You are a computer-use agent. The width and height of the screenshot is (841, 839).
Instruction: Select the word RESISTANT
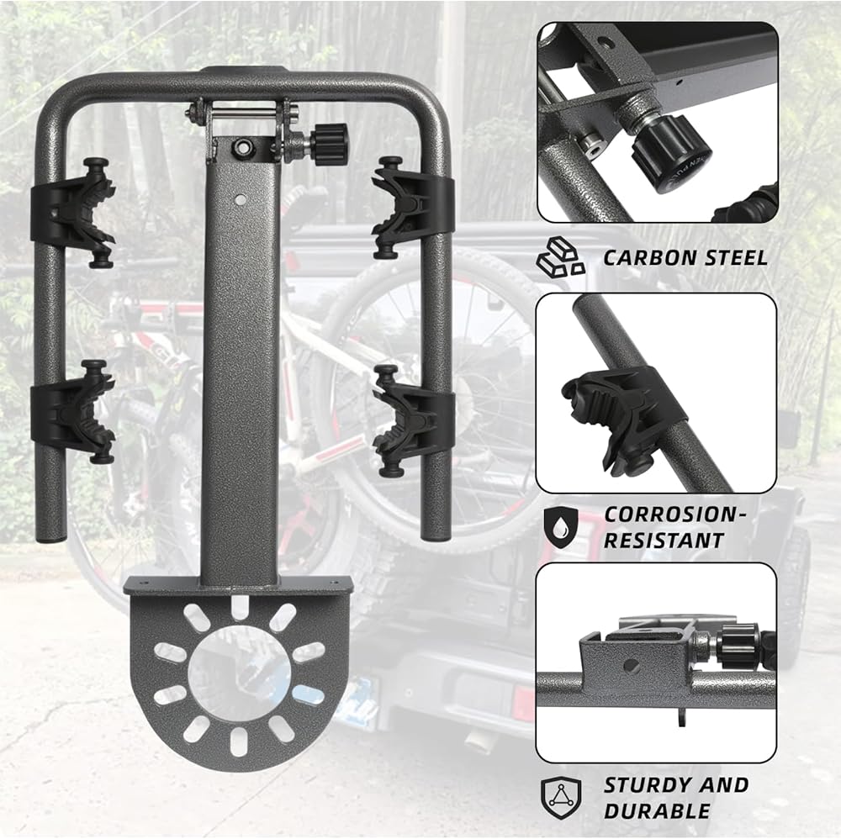click(x=664, y=541)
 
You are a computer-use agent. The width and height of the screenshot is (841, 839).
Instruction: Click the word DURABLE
click(x=657, y=810)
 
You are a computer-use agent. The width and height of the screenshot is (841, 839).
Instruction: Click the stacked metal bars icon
click(x=560, y=258)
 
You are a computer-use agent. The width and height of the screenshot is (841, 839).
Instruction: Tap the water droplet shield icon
click(x=561, y=527)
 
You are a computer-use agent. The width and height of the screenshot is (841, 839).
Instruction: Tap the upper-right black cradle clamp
click(x=412, y=207)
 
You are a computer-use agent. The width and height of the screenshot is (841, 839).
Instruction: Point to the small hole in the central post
click(x=241, y=199)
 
